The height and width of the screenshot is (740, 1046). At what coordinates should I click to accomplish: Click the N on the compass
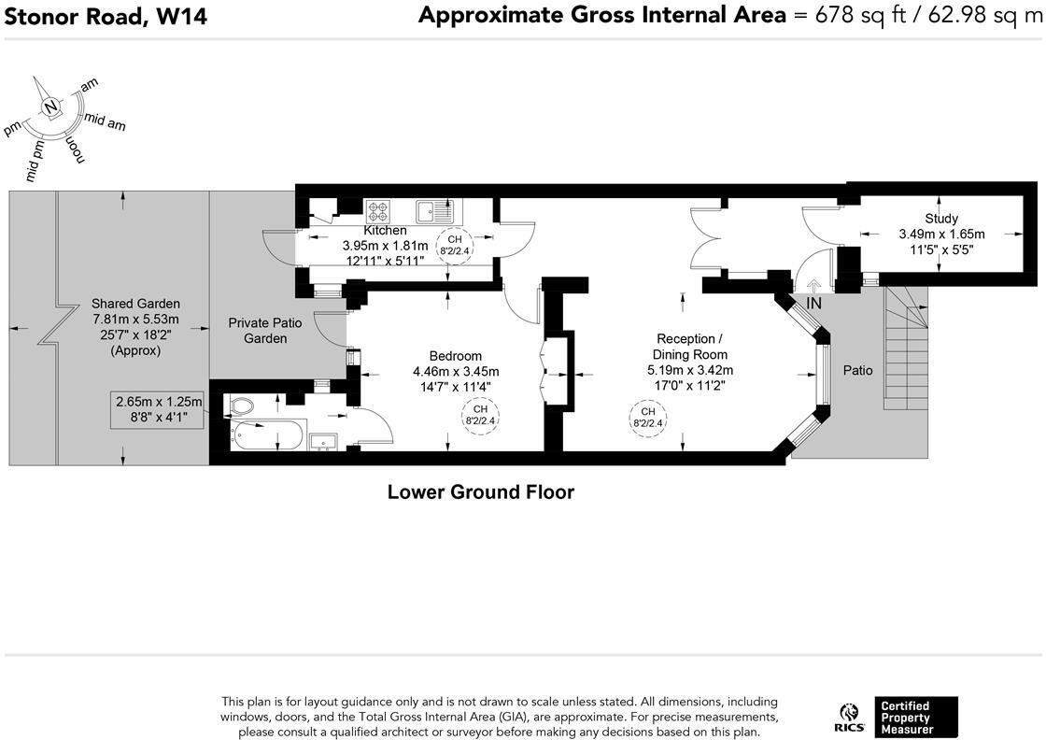(50, 107)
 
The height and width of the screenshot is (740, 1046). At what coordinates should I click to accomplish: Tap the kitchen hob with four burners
(377, 211)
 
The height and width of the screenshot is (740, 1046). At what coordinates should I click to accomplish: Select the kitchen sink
(435, 211)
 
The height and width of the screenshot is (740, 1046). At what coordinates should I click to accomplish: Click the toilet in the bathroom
(241, 405)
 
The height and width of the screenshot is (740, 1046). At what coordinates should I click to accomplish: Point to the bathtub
(267, 435)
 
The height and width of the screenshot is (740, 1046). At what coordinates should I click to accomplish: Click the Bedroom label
(456, 356)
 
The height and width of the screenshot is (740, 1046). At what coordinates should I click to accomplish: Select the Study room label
(941, 219)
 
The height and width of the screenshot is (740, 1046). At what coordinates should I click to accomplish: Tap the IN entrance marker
(813, 303)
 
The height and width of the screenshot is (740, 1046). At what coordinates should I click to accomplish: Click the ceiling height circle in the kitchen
(455, 245)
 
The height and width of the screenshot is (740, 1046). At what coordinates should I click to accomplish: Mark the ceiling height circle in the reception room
(648, 418)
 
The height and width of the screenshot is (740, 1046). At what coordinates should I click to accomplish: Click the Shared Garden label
(135, 304)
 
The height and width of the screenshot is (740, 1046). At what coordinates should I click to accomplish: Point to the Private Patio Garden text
(265, 331)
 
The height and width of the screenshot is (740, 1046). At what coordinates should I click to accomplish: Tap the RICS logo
(849, 718)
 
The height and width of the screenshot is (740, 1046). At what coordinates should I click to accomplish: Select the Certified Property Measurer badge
(916, 718)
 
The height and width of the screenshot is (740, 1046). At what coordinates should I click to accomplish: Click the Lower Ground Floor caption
(481, 492)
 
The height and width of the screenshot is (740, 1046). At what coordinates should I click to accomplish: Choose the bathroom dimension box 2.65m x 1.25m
(158, 409)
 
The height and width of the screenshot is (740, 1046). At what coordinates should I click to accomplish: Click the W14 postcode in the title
(181, 16)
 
